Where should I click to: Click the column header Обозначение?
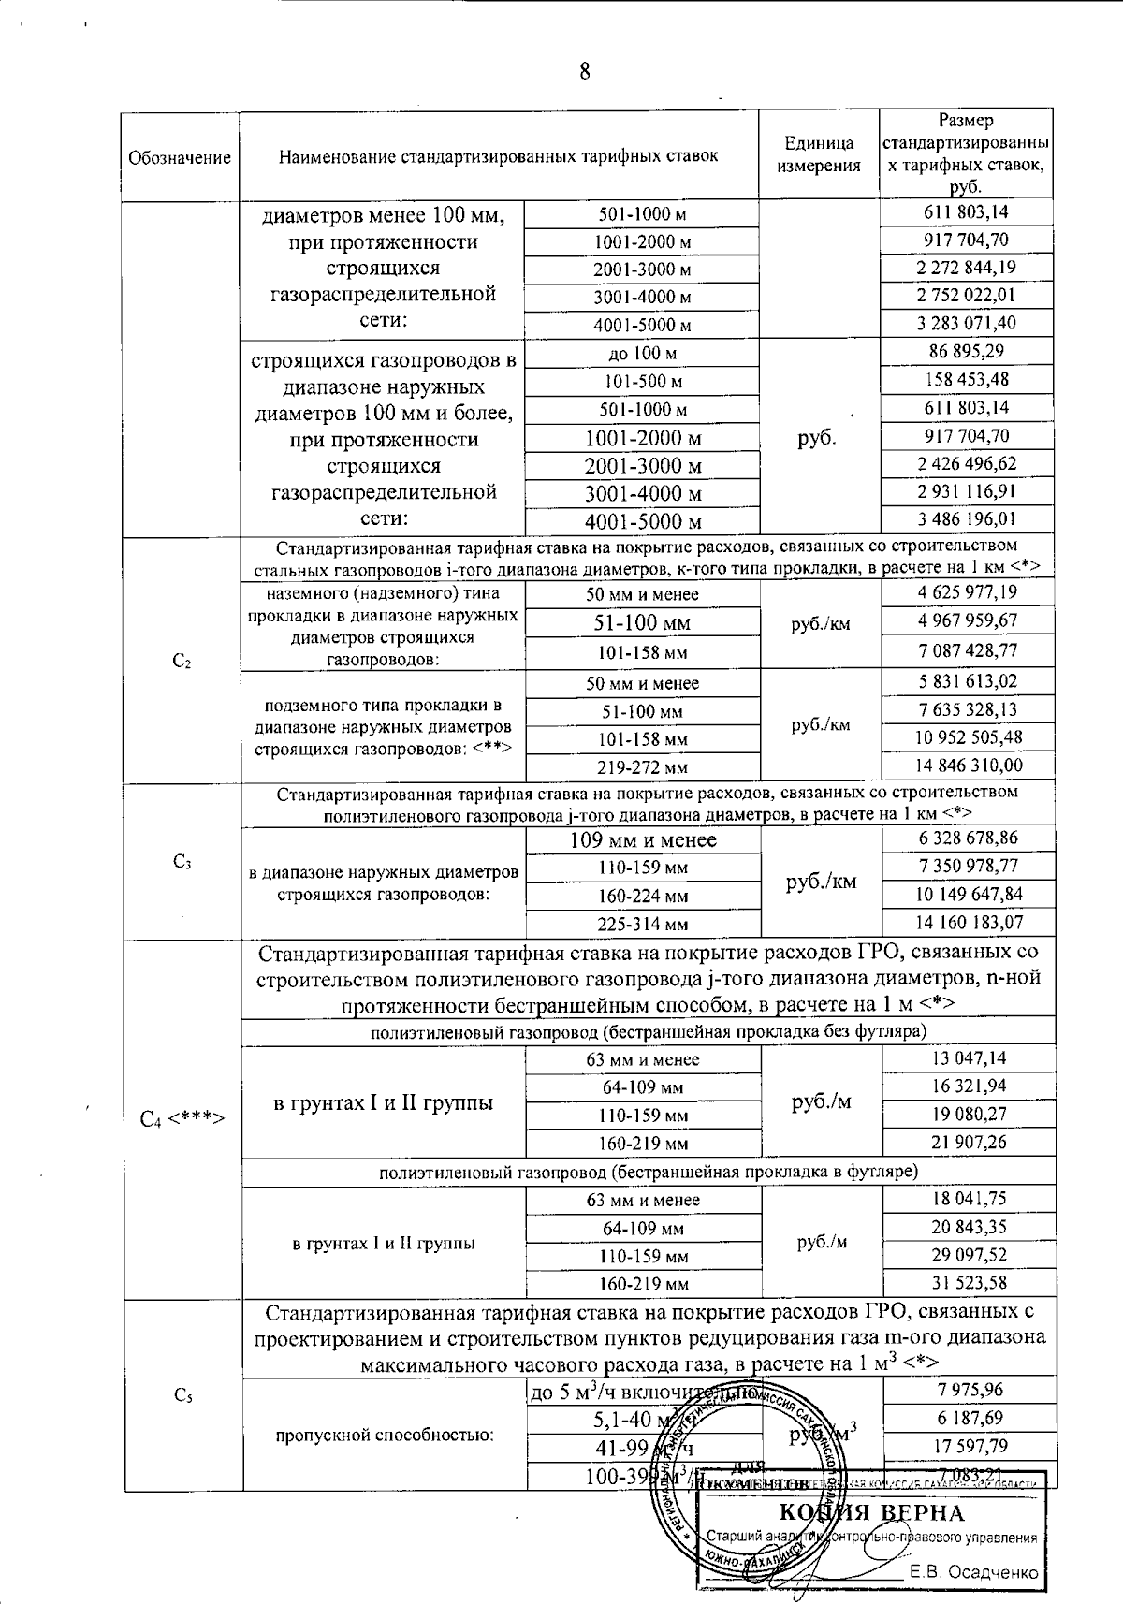point(180,157)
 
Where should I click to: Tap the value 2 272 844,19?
point(967,268)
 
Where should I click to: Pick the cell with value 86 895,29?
point(967,353)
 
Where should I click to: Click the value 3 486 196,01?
point(967,519)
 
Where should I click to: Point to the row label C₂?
point(182,662)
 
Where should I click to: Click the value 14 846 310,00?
point(968,766)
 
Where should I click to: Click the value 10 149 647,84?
point(968,894)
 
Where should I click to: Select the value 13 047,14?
point(968,1058)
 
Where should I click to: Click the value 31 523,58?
point(968,1282)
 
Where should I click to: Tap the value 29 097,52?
point(968,1254)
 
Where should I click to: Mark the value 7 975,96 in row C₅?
point(968,1390)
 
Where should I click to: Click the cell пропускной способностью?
point(384,1435)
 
